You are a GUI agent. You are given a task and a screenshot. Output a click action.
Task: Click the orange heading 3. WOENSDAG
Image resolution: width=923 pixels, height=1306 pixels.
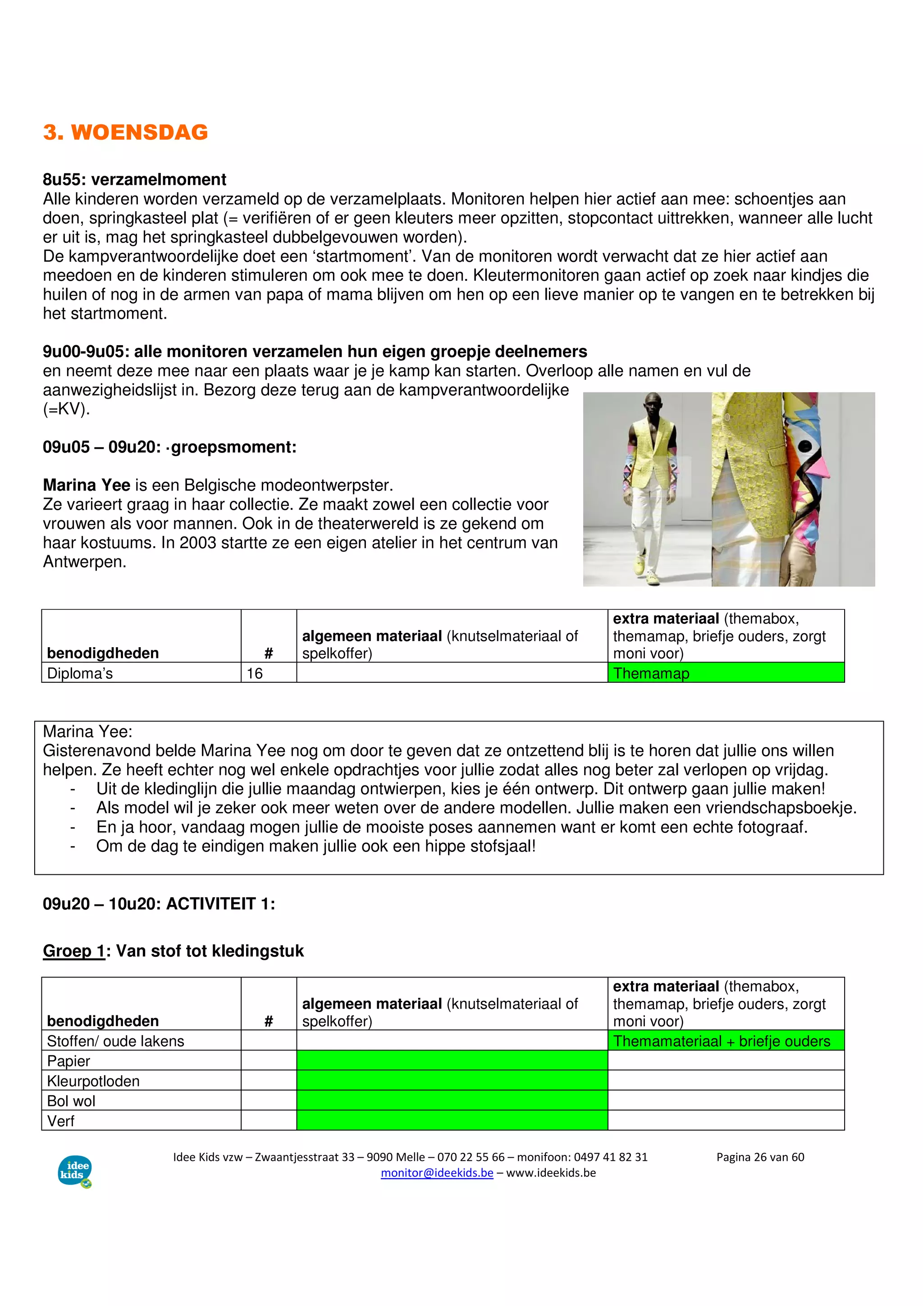[x=125, y=132]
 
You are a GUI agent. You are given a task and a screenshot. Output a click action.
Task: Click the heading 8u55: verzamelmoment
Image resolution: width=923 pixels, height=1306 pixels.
[x=134, y=179]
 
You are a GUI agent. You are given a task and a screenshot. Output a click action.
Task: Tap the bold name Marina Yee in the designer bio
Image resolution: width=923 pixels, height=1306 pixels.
[x=87, y=485]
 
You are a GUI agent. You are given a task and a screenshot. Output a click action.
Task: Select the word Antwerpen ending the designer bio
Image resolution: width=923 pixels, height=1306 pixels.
[x=84, y=562]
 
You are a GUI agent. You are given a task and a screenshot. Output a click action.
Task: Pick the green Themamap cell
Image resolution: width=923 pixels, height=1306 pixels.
[x=725, y=673]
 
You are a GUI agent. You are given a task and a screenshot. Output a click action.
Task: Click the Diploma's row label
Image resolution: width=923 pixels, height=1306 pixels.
[x=80, y=673]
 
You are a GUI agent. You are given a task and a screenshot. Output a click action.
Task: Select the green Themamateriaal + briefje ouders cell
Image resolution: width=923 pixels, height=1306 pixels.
[x=725, y=1041]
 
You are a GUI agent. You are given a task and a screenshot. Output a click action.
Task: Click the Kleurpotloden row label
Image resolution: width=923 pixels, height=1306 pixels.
[x=93, y=1081]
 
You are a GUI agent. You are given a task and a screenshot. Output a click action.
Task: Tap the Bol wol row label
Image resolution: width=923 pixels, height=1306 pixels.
[x=71, y=1101]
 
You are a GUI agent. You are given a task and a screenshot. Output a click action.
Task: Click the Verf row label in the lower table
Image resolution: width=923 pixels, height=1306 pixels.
[x=61, y=1121]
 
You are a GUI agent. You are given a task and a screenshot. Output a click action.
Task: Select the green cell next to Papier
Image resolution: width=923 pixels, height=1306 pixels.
[x=452, y=1060]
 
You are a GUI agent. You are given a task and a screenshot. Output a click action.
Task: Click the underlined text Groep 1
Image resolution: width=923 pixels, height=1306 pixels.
[x=74, y=951]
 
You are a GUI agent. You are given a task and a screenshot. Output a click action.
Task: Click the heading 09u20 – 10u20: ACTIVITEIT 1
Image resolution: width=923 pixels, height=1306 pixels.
[x=159, y=904]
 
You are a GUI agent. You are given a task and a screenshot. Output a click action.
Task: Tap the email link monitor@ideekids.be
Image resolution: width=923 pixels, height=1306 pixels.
[x=437, y=1173]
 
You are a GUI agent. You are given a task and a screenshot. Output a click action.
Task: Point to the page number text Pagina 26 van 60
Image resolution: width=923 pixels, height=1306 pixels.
[x=760, y=1157]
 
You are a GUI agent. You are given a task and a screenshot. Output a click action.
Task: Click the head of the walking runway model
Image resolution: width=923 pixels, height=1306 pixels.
[x=652, y=406]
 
